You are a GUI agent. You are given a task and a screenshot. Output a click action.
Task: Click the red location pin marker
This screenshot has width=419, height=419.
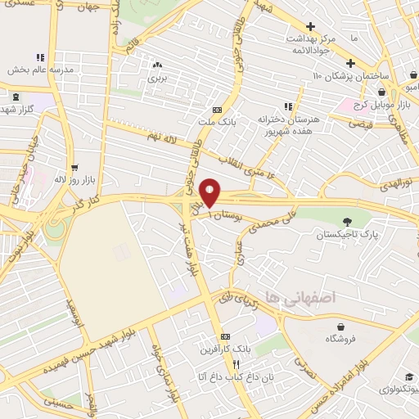click(x=210, y=191)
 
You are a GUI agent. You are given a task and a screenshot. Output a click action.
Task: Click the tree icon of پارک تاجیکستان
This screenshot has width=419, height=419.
click(x=347, y=220)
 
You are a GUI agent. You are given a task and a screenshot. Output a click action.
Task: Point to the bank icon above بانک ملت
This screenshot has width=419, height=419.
click(x=216, y=110)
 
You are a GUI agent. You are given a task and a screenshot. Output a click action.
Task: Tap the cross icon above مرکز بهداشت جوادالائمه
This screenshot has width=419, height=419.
click(x=309, y=26)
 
